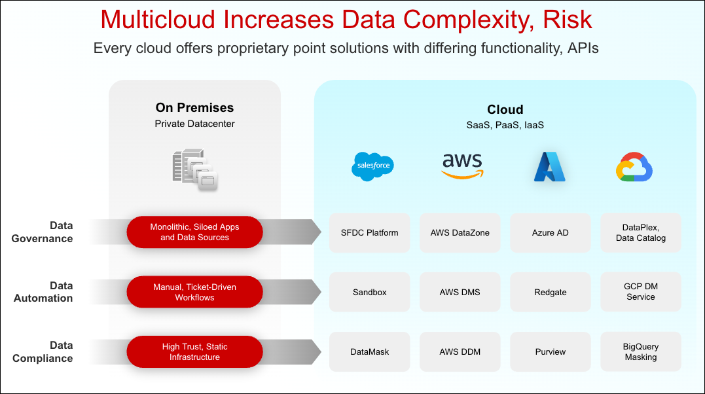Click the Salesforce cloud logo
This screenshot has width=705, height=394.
(372, 166)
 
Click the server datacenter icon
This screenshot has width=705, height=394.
(194, 170)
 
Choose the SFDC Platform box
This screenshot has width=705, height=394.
(369, 232)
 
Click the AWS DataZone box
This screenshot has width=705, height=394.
(460, 232)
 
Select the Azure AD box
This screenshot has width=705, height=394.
(550, 232)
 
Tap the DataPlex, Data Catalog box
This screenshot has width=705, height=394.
(640, 232)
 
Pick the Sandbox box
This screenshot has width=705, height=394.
(369, 292)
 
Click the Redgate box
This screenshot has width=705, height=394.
(550, 292)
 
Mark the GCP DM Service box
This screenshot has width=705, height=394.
(640, 292)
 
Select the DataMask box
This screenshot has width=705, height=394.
(369, 351)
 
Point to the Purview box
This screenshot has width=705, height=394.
(550, 351)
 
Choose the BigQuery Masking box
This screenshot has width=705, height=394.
(640, 351)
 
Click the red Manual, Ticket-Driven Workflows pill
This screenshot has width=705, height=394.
(194, 292)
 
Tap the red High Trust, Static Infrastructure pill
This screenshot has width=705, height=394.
(194, 351)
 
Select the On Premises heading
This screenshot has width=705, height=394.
(194, 107)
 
